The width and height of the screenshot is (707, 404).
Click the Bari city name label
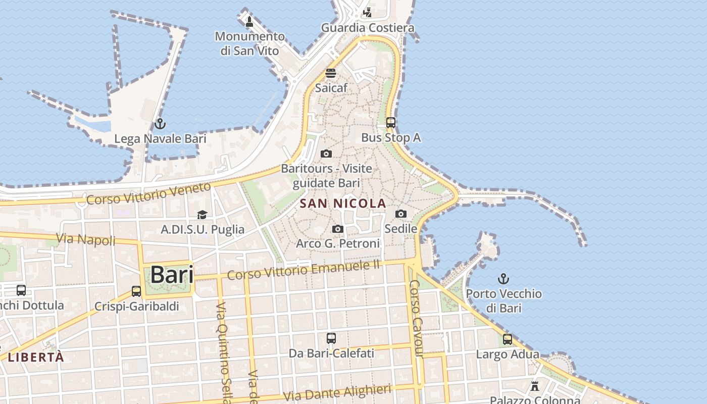point(172,275)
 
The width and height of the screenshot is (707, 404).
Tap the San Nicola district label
point(343,204)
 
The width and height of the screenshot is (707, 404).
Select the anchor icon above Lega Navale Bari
point(160,123)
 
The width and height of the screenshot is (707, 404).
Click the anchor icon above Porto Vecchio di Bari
point(503,278)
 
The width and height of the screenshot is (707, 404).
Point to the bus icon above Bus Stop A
point(391,122)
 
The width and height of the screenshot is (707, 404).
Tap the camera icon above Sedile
point(401,214)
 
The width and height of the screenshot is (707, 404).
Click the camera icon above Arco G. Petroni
point(338,229)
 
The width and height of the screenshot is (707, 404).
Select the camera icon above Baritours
point(326,154)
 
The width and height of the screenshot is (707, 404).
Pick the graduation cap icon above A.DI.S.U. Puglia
point(203,215)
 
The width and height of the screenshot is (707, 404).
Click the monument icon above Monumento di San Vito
point(249,22)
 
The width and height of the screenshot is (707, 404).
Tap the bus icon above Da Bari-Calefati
point(331,338)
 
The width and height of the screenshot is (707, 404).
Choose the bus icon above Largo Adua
point(508,339)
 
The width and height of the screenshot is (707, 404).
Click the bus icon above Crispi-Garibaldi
point(136,291)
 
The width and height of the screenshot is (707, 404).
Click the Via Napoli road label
point(86,239)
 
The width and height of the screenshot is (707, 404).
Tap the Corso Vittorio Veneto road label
point(148,193)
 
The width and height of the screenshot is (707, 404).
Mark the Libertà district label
point(36,357)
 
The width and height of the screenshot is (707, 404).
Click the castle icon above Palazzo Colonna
point(535,386)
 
